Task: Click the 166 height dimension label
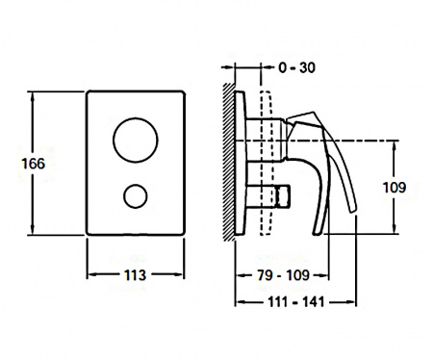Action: click(x=34, y=164)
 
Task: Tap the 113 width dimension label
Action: click(x=135, y=275)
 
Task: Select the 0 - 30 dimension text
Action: click(x=296, y=67)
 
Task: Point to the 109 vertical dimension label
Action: click(x=395, y=188)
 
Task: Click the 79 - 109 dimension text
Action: click(x=284, y=275)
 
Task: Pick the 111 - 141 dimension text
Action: click(x=296, y=302)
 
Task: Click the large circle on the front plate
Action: click(x=136, y=140)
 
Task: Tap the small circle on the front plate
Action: click(x=136, y=196)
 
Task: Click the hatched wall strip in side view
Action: click(x=229, y=160)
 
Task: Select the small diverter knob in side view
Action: click(x=268, y=196)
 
